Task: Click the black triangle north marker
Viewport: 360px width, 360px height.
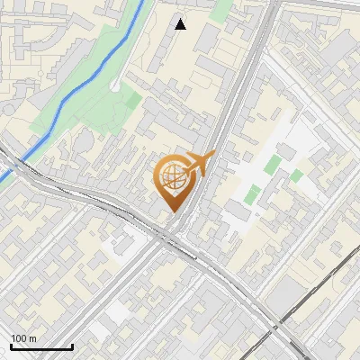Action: [180, 24]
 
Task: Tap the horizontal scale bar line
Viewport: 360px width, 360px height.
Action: [41, 346]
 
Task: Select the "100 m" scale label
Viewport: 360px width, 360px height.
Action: [24, 338]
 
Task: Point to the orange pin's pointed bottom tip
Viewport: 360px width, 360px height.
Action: [172, 212]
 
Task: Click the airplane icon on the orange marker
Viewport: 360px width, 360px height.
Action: [200, 164]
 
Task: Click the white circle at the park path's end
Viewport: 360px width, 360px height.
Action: [115, 85]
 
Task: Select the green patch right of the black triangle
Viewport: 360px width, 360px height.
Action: [221, 11]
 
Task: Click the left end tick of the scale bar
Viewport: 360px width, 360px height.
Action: [11, 345]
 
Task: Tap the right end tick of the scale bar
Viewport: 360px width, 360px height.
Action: [72, 345]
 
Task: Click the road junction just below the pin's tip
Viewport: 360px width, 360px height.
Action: [174, 236]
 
